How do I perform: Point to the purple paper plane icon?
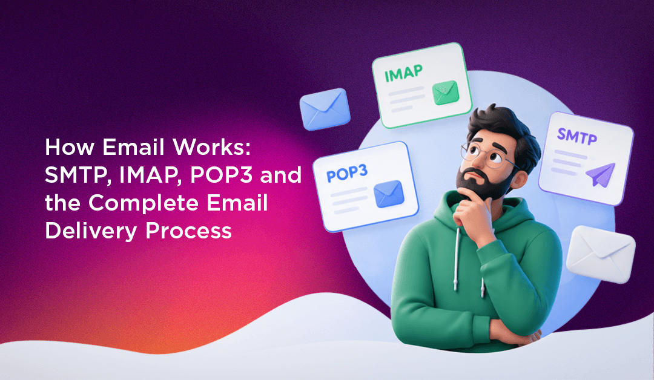[600, 174]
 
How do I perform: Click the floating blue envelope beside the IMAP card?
[325, 109]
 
